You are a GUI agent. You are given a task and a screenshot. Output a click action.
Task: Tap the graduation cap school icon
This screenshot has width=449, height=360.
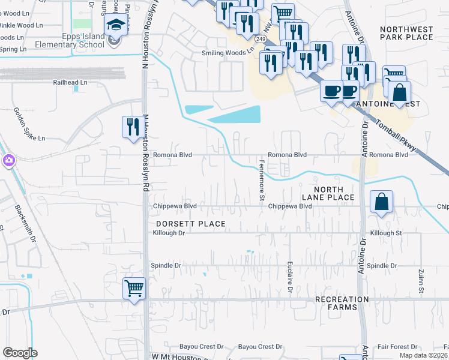[114, 25]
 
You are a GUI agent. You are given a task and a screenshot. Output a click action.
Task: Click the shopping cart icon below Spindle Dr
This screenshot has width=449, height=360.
[134, 289]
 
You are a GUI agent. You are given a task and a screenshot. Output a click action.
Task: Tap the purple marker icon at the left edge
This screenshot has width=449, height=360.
[8, 161]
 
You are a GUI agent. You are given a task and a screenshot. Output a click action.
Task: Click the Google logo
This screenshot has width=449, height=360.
[19, 353]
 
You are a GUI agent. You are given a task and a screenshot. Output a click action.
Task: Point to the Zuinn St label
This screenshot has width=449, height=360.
[421, 281]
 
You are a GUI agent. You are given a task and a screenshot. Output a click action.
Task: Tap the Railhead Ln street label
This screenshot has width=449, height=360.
[70, 82]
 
